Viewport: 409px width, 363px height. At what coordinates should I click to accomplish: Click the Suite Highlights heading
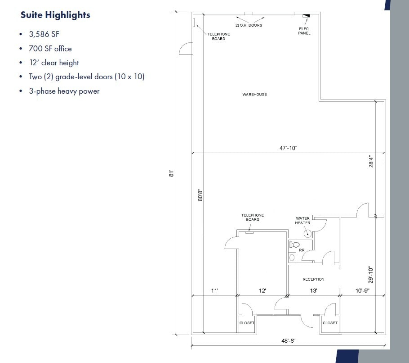[55, 15]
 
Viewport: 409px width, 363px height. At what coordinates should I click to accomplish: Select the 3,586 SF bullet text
[44, 34]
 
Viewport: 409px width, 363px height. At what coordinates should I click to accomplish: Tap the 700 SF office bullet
[50, 48]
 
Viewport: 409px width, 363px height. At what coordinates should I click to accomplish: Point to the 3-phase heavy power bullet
[64, 91]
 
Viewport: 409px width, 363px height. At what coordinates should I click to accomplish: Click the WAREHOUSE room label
[254, 94]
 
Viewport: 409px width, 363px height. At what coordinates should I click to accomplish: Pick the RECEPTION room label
[313, 279]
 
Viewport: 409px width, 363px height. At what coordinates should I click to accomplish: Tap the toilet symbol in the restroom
[294, 245]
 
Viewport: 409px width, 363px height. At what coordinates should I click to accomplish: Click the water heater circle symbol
[308, 233]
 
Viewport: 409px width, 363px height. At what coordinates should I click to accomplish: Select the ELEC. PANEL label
[304, 31]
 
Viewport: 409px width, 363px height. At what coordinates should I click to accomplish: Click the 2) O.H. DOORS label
[249, 25]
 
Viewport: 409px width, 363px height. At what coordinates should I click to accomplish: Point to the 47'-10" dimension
[288, 148]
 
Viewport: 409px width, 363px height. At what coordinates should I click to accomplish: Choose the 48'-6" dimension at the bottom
[288, 340]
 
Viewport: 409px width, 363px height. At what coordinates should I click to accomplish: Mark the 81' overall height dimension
[171, 173]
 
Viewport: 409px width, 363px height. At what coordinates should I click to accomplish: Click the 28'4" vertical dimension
[371, 161]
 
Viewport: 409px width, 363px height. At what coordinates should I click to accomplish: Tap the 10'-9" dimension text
[362, 290]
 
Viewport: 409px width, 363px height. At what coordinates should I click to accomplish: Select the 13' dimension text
[313, 290]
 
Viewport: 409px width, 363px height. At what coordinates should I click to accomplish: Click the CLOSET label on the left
[247, 323]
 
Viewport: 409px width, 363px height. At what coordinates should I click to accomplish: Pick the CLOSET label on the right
[330, 323]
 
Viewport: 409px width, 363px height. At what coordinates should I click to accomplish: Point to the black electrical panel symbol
[306, 16]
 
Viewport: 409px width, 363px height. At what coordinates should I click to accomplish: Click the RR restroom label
[302, 250]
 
